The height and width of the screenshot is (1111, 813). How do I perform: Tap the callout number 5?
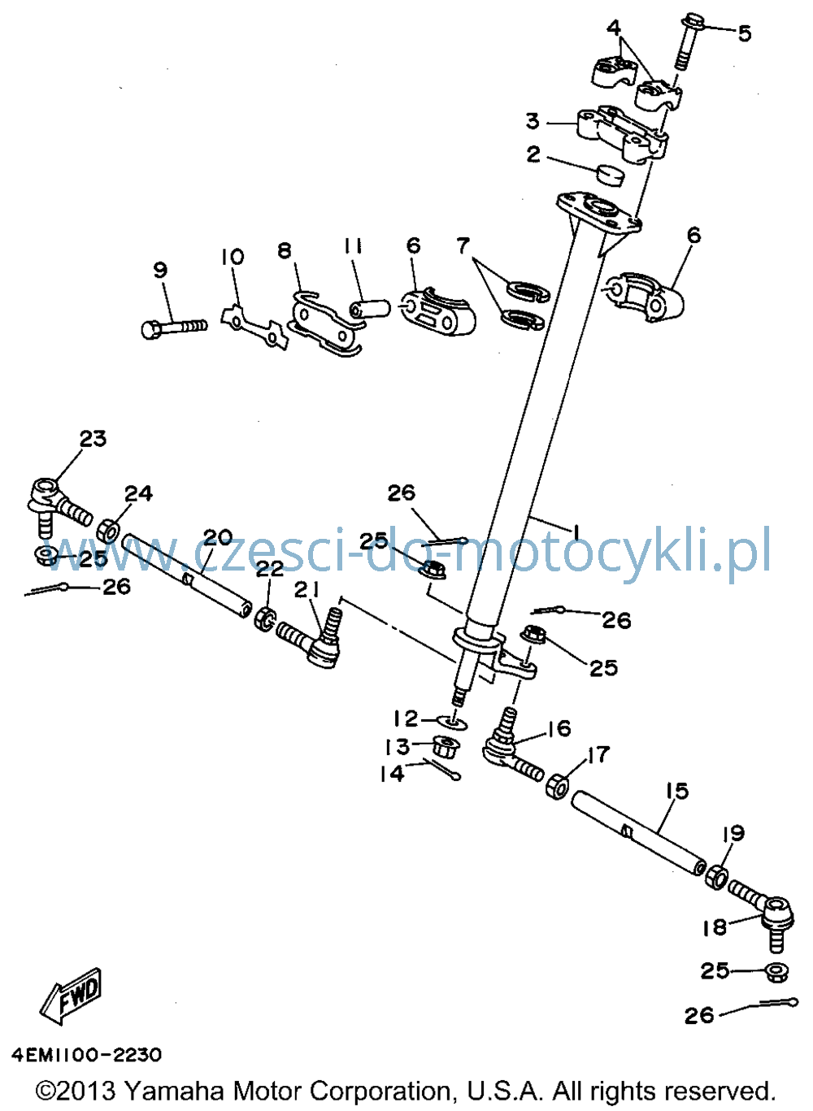[744, 33]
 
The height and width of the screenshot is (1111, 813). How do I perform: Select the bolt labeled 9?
[174, 328]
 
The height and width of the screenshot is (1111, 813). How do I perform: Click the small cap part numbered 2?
[610, 174]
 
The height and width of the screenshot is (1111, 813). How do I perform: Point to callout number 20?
[218, 538]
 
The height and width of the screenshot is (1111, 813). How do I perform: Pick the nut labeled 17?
[557, 785]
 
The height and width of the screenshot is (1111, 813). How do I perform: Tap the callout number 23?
[93, 438]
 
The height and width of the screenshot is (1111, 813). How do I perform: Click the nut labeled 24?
[108, 530]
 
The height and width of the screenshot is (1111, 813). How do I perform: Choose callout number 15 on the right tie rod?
[678, 791]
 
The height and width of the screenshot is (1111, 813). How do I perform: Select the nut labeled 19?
[716, 876]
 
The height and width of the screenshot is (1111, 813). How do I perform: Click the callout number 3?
[533, 121]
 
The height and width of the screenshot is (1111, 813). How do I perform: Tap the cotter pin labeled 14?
[442, 770]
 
